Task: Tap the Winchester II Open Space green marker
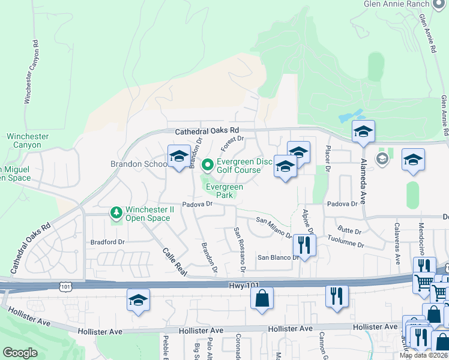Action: click(x=116, y=212)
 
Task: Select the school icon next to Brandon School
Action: click(x=178, y=158)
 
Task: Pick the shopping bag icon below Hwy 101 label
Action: click(x=262, y=298)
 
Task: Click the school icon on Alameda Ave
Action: click(x=363, y=132)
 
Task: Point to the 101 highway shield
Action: click(x=65, y=287)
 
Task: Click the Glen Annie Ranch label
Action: click(x=396, y=4)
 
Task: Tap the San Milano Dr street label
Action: click(x=274, y=229)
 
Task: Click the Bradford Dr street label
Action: click(x=107, y=242)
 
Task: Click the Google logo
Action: click(x=20, y=353)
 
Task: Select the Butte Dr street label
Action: click(x=349, y=230)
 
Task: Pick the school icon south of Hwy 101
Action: click(x=138, y=301)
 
